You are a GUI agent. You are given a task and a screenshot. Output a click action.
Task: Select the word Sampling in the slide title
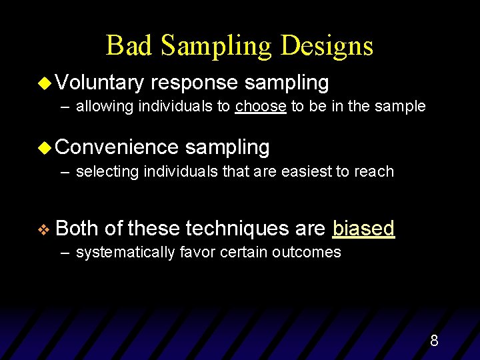(218, 45)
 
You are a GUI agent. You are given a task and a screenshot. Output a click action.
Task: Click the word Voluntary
(100, 83)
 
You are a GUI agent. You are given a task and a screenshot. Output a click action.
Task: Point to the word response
(194, 83)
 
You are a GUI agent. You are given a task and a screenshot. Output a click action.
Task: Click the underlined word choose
(261, 107)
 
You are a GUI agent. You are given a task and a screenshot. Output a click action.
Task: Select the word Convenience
(117, 147)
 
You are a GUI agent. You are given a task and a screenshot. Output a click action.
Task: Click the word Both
(77, 229)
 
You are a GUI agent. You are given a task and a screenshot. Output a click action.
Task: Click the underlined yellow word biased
(363, 229)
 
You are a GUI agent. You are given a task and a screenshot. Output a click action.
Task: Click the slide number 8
(434, 341)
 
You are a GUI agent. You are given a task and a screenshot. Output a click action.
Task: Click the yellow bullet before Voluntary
(46, 83)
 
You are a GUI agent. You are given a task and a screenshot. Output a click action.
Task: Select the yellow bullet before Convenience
(46, 148)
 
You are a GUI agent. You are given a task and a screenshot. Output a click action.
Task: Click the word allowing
(105, 107)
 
